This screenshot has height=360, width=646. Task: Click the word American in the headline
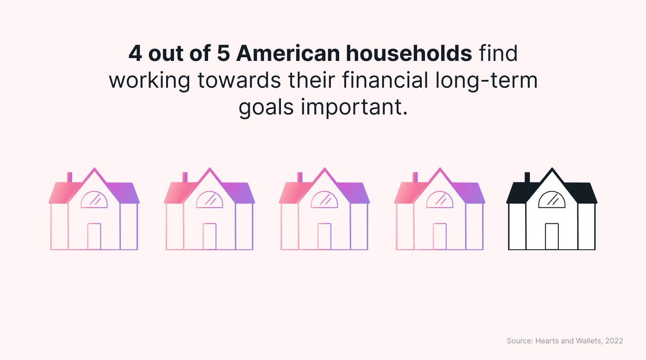pyautogui.click(x=288, y=54)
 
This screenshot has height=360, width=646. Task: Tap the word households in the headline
pyautogui.click(x=409, y=54)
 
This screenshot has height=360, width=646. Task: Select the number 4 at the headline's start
pyautogui.click(x=135, y=54)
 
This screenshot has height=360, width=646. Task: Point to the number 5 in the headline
pyautogui.click(x=223, y=54)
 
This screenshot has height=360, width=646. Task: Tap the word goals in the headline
pyautogui.click(x=266, y=108)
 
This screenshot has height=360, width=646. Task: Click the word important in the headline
pyautogui.click(x=354, y=108)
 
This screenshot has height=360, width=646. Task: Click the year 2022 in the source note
pyautogui.click(x=614, y=341)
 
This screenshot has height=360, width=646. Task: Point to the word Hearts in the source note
pyautogui.click(x=546, y=341)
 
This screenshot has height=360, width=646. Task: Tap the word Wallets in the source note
pyautogui.click(x=589, y=341)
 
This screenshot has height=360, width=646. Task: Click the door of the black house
pyautogui.click(x=552, y=236)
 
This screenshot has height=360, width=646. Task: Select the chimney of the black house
pyautogui.click(x=527, y=177)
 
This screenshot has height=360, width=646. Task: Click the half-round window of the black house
pyautogui.click(x=552, y=199)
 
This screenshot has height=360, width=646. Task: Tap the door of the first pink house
pyautogui.click(x=94, y=236)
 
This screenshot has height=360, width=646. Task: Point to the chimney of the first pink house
pyautogui.click(x=69, y=177)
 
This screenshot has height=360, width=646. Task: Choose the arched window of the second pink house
pyautogui.click(x=209, y=199)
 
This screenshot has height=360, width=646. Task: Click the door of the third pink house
pyautogui.click(x=324, y=236)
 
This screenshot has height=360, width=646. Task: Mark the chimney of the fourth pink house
pyautogui.click(x=415, y=177)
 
